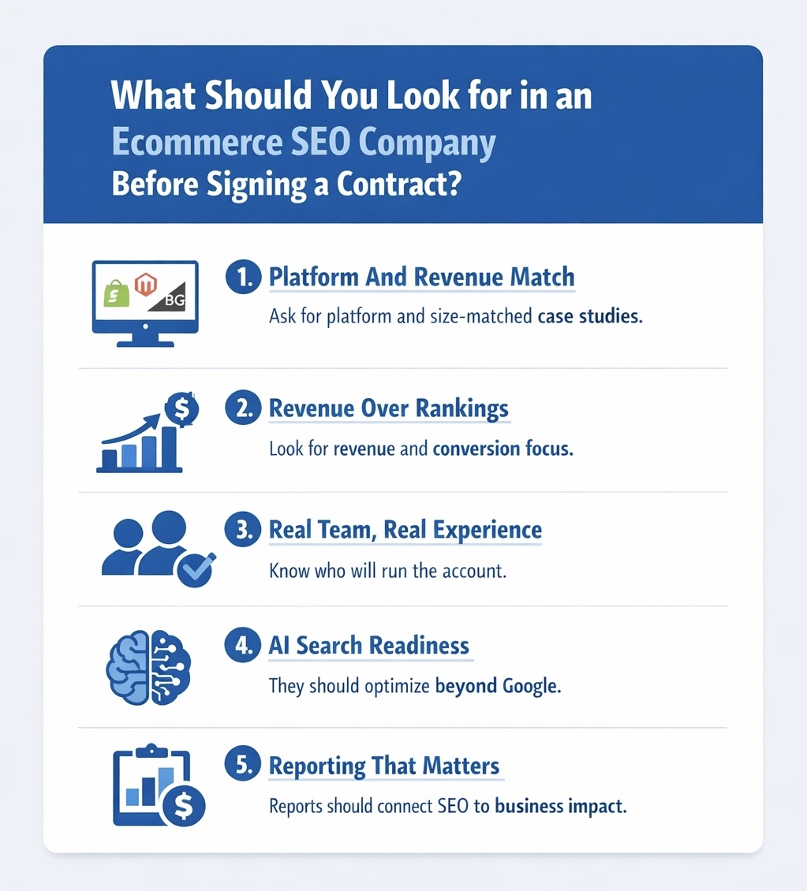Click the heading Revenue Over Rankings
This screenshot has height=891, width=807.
(388, 408)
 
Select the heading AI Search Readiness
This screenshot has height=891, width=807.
(368, 646)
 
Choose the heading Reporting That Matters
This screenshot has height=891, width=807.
(384, 766)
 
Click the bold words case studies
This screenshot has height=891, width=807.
(589, 317)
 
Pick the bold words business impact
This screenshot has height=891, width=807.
(560, 807)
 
